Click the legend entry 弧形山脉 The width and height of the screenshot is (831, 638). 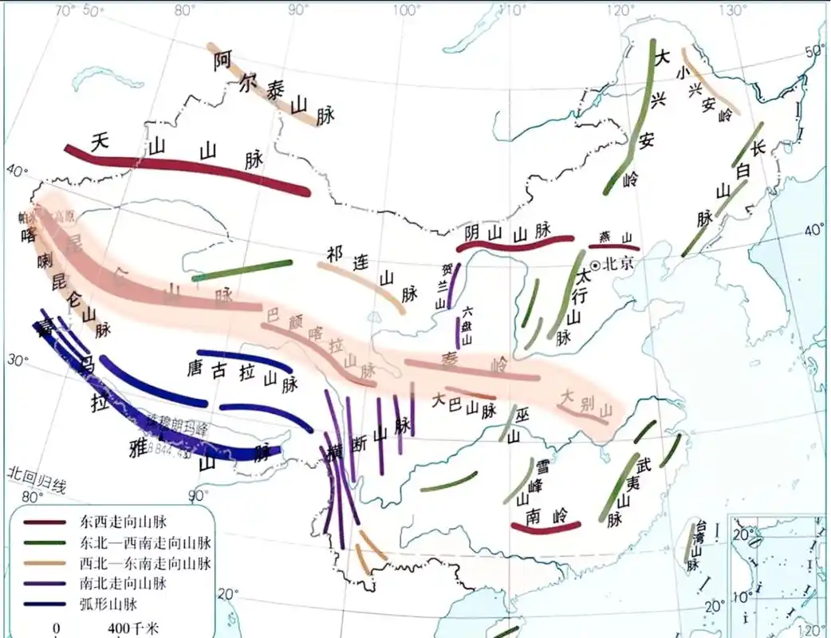coord(108,603)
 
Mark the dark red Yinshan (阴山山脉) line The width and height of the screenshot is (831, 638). coord(518,243)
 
